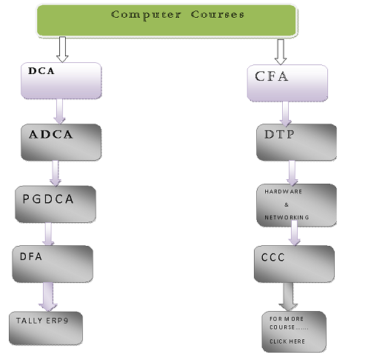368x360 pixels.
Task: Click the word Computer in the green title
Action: [146, 15]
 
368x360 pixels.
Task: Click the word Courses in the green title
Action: [218, 14]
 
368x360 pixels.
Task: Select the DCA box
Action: [61, 81]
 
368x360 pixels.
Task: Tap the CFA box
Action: [287, 83]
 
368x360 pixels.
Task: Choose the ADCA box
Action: [61, 142]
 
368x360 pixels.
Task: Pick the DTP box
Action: [296, 142]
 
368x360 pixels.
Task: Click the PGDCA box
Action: [56, 204]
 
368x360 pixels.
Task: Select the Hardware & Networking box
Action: [296, 205]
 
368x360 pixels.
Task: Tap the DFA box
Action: [53, 264]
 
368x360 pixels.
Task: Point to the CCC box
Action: [294, 264]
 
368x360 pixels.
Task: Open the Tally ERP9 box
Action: [46, 328]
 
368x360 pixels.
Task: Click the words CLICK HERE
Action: [287, 341]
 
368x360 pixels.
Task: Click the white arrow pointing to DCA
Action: [62, 50]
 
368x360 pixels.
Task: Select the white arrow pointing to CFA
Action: [281, 52]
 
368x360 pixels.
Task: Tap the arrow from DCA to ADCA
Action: [59, 111]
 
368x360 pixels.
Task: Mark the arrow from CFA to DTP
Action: [286, 113]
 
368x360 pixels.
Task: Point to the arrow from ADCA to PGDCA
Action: [56, 173]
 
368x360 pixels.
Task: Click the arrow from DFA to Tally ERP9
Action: [48, 297]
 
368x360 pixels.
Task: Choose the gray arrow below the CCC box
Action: [288, 297]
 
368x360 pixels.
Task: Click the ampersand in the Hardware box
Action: [287, 204]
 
